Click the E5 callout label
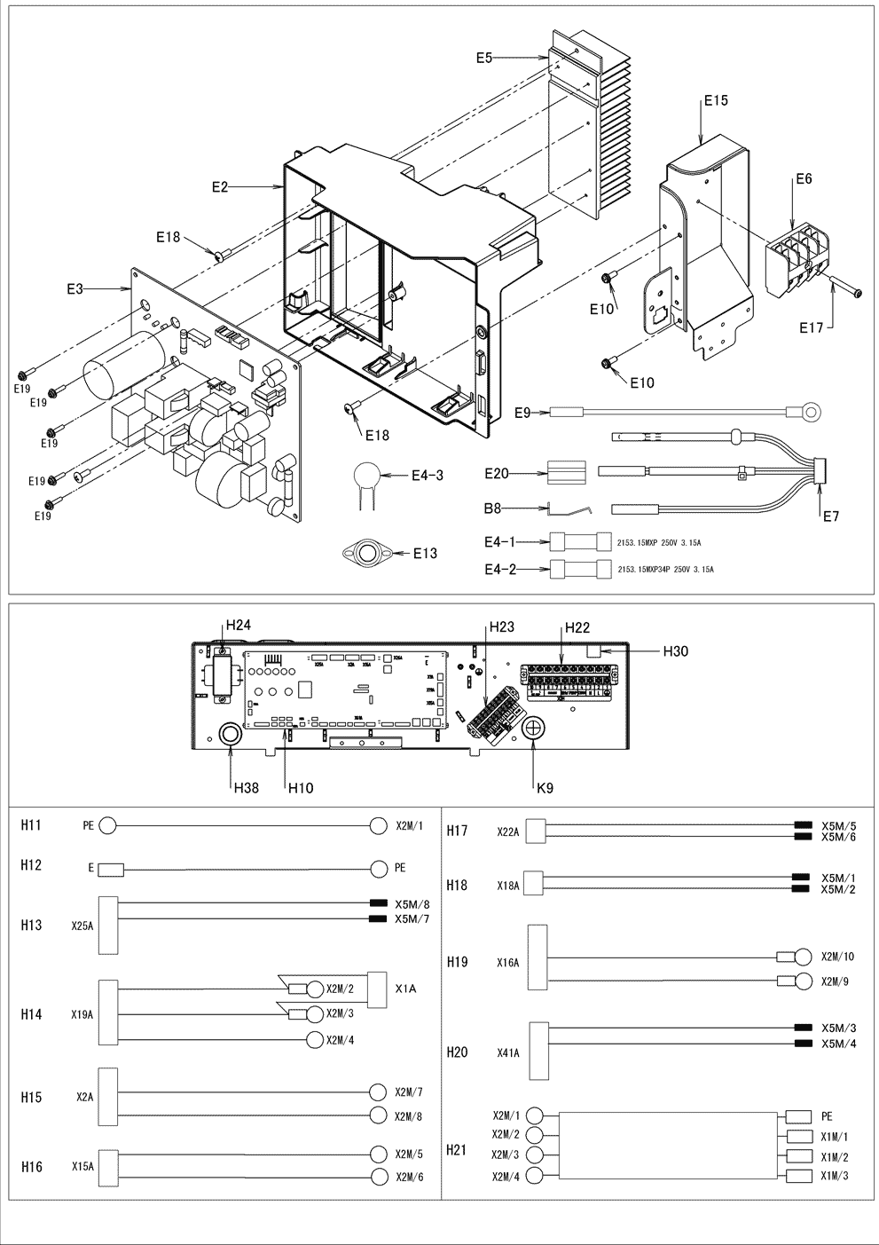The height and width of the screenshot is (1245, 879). click(483, 58)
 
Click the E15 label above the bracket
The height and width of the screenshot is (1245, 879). click(715, 101)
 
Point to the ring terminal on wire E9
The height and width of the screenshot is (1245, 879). click(803, 411)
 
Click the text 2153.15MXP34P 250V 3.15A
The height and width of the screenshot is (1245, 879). click(665, 569)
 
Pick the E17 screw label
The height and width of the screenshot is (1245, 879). click(811, 328)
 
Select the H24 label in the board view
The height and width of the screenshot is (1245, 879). click(238, 626)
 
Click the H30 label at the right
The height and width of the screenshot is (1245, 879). click(677, 650)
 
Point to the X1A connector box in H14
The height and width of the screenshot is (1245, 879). click(379, 989)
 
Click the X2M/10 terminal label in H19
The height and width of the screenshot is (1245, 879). click(837, 957)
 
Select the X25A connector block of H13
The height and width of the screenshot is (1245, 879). click(108, 925)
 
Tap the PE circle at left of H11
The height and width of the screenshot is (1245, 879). click(107, 825)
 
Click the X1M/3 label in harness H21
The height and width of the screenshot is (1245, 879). click(834, 1176)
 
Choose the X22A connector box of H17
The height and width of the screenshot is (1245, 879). click(534, 831)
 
